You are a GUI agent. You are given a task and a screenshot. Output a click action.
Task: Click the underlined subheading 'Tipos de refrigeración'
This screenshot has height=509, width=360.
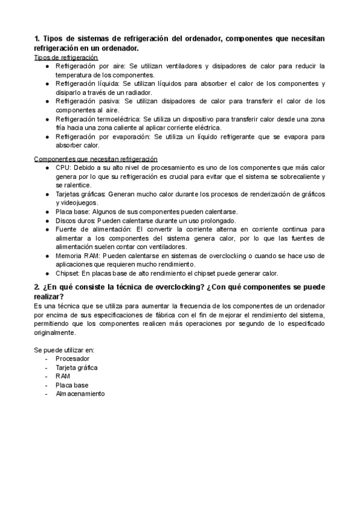point(66,56)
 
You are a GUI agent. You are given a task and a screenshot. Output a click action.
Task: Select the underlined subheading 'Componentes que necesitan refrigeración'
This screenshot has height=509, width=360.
point(96,158)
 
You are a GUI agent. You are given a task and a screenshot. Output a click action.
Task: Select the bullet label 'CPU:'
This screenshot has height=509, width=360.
point(63,168)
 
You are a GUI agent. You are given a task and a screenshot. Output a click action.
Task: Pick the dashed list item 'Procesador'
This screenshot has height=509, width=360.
point(72,359)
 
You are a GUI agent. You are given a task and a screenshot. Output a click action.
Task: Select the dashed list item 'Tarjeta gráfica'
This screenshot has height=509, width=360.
point(77,367)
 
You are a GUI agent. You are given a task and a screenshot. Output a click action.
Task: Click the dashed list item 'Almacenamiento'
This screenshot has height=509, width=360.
point(80,394)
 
